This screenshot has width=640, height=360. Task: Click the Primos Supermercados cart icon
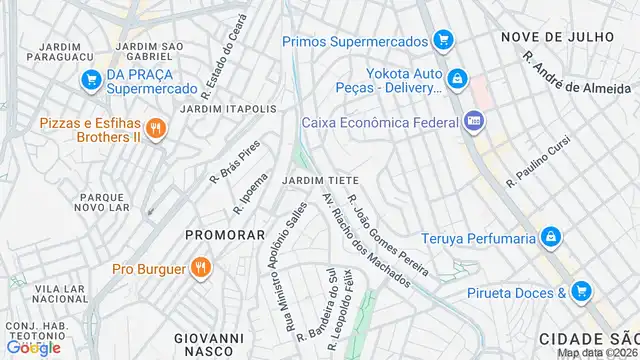point(444,41)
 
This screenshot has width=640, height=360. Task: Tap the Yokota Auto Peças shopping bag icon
point(457,78)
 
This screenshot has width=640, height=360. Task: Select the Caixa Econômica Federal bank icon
point(474,122)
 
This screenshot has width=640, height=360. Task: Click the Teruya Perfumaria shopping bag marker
point(549,237)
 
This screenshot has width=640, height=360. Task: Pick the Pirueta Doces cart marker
point(582,292)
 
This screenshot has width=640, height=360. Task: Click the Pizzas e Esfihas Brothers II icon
point(155,129)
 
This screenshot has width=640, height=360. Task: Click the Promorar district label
point(225,235)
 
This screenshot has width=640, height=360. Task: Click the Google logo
point(33,348)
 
